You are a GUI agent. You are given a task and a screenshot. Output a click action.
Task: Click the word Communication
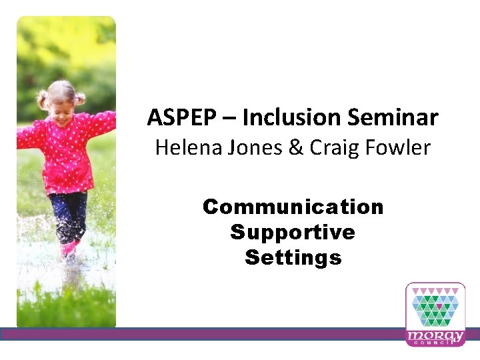(293, 207)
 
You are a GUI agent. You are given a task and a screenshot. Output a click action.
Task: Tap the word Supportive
(293, 232)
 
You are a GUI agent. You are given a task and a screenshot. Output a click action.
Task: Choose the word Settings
(293, 257)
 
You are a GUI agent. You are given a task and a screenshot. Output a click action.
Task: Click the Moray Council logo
(435, 313)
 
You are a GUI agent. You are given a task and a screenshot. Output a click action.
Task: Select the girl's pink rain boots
(69, 249)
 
